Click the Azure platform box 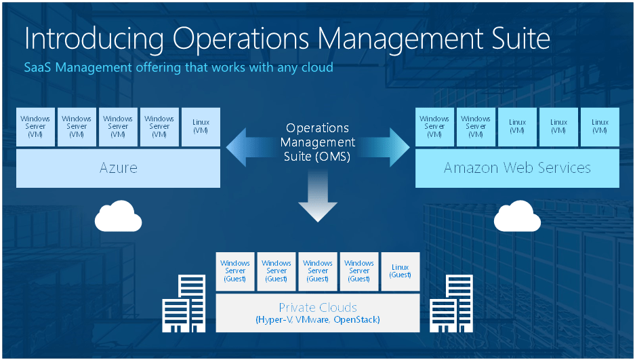(118, 168)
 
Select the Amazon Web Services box (517, 168)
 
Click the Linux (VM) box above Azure (201, 127)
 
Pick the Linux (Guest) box (401, 271)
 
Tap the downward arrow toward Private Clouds (317, 200)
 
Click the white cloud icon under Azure (118, 217)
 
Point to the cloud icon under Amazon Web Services (517, 217)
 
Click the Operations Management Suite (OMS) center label (317, 142)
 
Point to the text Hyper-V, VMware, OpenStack (318, 319)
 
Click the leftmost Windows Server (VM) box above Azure (35, 127)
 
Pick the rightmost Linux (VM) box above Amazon (600, 127)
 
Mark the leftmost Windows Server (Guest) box (235, 271)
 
